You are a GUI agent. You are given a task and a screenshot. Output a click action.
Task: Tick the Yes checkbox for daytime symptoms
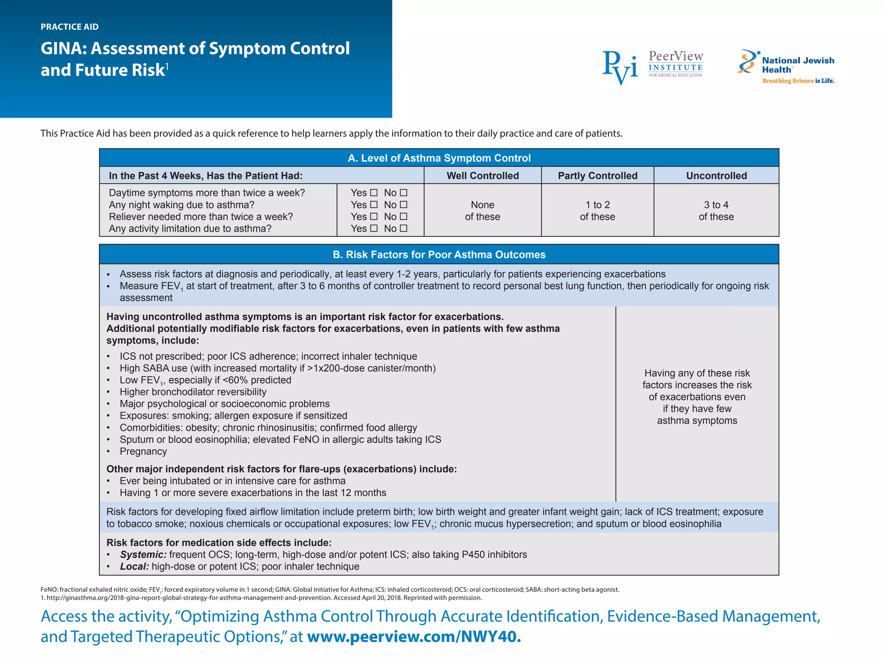(374, 193)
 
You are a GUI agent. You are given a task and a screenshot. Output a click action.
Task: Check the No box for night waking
(404, 204)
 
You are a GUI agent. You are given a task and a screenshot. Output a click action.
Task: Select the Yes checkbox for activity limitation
(374, 228)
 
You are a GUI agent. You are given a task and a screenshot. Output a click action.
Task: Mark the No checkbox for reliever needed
(404, 217)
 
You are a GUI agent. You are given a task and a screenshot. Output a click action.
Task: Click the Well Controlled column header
(483, 176)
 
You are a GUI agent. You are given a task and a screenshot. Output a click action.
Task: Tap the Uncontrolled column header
(716, 176)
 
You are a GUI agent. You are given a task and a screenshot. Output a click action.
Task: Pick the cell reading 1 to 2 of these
(597, 211)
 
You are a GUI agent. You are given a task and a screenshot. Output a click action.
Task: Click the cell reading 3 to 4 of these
(716, 211)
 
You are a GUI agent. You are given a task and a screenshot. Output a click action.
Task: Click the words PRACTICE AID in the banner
(69, 27)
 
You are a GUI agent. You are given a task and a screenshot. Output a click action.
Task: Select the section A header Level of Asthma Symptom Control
(439, 158)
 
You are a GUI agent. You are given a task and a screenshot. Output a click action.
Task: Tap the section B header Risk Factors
(439, 255)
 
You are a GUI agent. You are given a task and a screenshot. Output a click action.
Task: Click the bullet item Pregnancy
(143, 451)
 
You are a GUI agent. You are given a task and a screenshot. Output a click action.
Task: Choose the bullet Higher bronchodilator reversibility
(193, 392)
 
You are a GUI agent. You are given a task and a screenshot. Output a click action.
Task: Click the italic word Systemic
(143, 555)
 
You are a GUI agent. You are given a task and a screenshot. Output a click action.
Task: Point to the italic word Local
(134, 566)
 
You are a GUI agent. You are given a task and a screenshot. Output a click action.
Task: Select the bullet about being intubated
(232, 481)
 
